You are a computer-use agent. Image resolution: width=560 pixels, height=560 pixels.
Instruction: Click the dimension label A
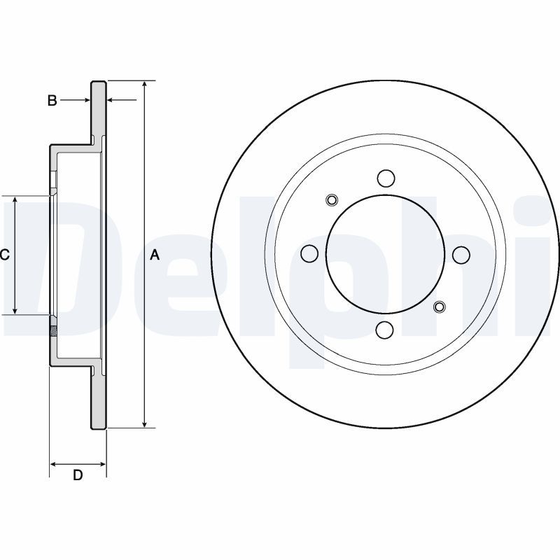click(155, 255)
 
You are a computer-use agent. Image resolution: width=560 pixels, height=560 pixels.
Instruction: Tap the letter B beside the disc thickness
click(52, 101)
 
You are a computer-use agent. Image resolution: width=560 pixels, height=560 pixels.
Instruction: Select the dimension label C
click(4, 255)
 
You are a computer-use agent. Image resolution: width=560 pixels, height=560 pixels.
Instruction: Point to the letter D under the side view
click(78, 475)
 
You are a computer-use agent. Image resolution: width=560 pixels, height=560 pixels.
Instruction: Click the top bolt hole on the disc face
click(385, 178)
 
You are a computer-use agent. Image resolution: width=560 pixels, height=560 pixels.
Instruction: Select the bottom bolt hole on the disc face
click(385, 329)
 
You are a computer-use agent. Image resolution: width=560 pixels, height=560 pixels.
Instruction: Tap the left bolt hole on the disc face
click(309, 253)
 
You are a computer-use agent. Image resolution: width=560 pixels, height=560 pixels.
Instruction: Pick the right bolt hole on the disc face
click(461, 253)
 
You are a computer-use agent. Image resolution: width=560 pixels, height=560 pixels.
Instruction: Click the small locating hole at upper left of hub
click(332, 201)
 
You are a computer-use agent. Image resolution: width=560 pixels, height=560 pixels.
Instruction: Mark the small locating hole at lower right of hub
click(439, 306)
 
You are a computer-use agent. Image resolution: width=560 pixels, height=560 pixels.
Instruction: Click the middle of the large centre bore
click(385, 253)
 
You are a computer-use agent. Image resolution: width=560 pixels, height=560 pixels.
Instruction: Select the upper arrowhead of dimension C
click(15, 200)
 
